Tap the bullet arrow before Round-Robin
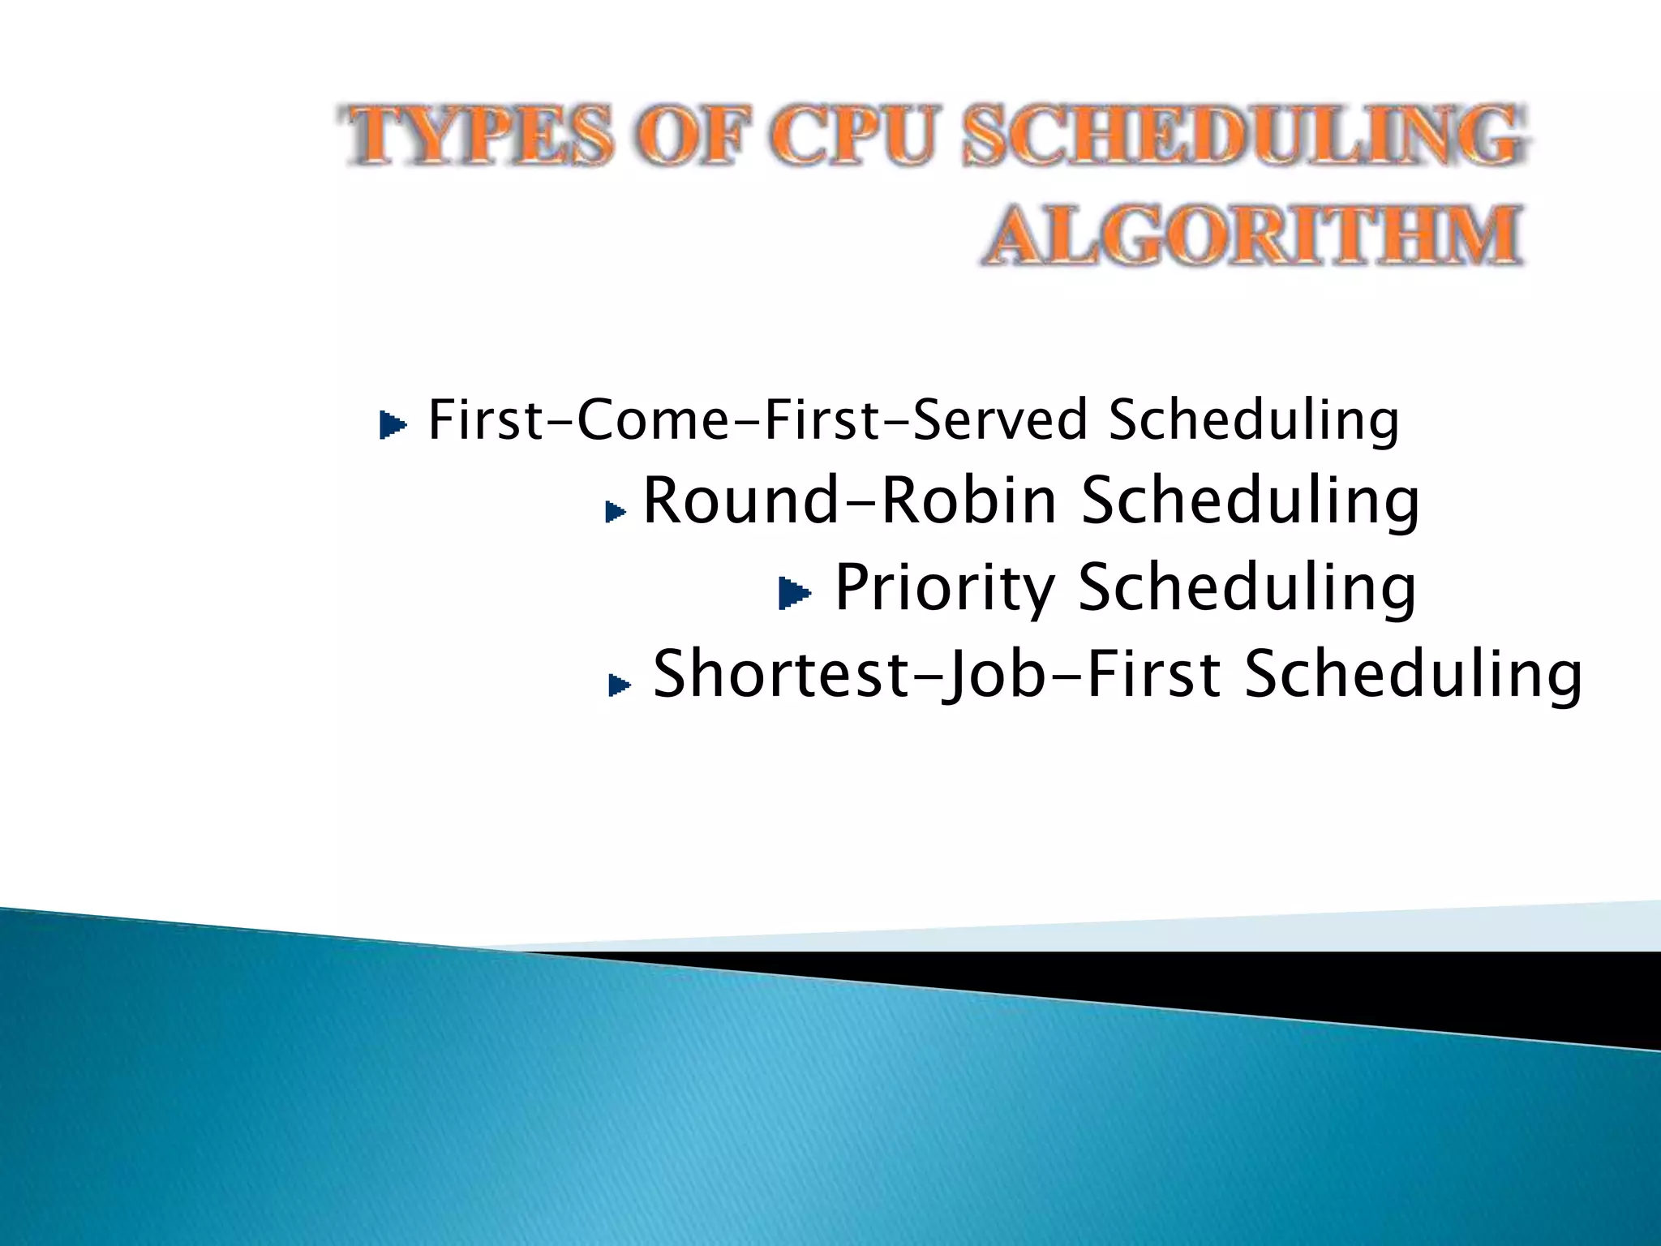point(616,511)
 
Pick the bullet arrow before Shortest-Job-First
point(619,685)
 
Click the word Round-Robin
point(850,501)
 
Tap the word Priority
point(945,587)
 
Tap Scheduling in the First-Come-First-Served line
point(1254,420)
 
